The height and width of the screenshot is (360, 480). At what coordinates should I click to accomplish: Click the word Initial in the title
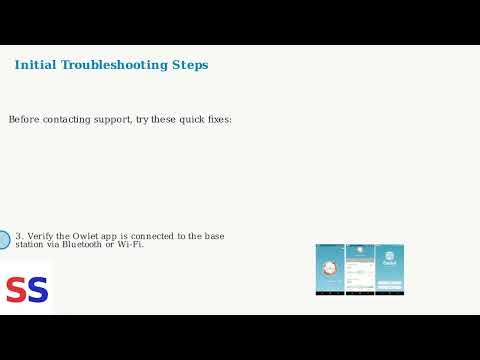35,65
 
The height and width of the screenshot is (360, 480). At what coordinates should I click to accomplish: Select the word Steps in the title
190,65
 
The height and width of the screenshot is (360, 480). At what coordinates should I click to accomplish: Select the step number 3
19,236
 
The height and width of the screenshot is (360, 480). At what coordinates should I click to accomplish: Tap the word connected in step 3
153,236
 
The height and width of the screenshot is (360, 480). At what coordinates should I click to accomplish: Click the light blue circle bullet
2,240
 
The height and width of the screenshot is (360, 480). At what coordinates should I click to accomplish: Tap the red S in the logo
16,290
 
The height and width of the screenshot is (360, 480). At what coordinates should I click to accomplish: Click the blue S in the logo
37,290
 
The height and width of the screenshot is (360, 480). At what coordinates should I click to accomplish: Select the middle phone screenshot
360,269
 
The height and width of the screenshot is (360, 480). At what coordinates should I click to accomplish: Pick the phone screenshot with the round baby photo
330,269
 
